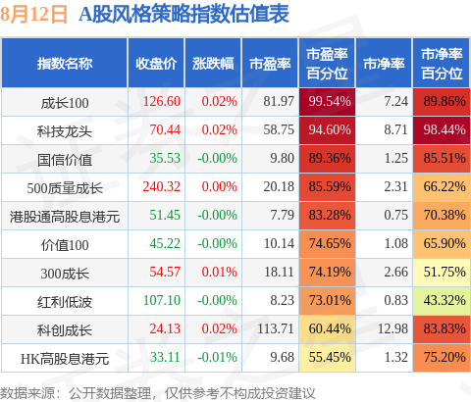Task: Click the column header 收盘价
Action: [x=156, y=64]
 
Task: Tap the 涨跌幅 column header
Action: [x=213, y=64]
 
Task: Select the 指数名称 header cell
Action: [x=65, y=64]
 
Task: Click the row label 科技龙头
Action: [x=65, y=131]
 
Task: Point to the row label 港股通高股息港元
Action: [x=65, y=217]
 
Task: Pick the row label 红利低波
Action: [x=65, y=302]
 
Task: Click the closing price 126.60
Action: [x=162, y=101]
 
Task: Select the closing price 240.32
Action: [x=162, y=186]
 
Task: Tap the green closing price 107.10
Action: [x=162, y=300]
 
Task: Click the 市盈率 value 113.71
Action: [x=276, y=328]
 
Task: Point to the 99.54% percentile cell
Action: [x=327, y=102]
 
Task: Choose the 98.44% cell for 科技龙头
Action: [x=442, y=130]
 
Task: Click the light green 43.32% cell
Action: [x=442, y=301]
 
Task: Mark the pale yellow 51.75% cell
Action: [x=442, y=273]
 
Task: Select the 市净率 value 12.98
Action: [x=392, y=328]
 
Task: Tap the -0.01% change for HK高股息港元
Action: [x=217, y=357]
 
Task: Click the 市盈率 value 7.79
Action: [x=283, y=215]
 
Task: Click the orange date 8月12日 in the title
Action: [x=33, y=15]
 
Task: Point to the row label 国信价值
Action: [x=65, y=160]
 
